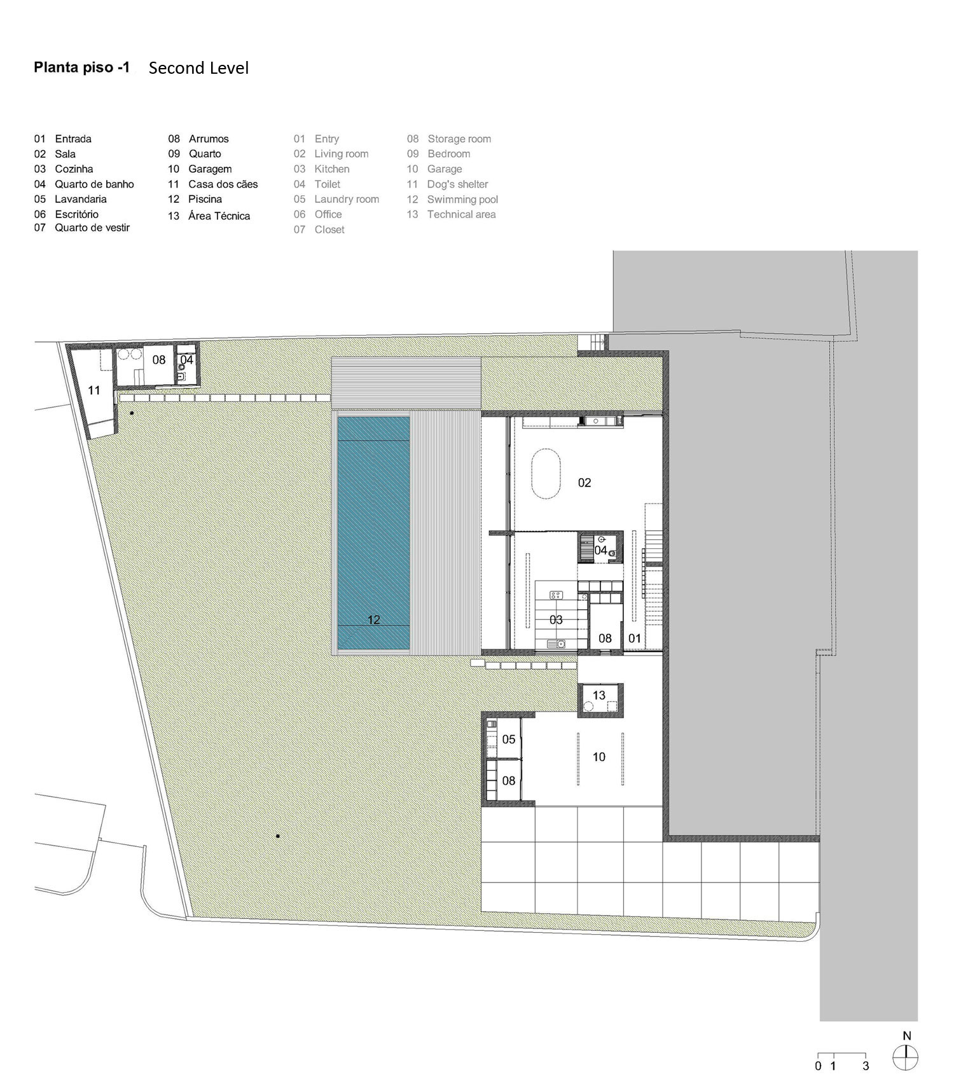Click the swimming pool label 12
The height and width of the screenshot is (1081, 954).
click(373, 619)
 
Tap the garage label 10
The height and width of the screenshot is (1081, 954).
click(598, 757)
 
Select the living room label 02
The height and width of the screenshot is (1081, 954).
click(584, 483)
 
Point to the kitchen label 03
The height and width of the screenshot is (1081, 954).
click(556, 619)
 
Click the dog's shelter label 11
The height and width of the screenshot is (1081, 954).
click(94, 390)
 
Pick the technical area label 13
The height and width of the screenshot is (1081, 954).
click(598, 695)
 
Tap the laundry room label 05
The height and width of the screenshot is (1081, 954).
click(509, 739)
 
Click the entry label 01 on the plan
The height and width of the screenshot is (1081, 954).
click(635, 638)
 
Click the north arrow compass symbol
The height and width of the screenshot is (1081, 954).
click(906, 1057)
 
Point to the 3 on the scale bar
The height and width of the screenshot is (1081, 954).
click(866, 1066)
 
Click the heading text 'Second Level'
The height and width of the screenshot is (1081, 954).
click(198, 68)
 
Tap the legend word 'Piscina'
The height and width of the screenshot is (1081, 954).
click(205, 199)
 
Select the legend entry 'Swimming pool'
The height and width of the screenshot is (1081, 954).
click(462, 200)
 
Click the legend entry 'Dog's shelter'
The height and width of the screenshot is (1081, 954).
click(457, 184)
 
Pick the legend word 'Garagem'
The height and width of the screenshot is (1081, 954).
click(210, 169)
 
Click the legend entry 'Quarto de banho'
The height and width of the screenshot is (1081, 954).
click(94, 184)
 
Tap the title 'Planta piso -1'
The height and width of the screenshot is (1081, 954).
click(82, 67)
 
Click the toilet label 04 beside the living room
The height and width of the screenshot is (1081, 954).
click(600, 550)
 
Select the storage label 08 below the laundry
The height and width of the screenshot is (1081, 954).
click(509, 780)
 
